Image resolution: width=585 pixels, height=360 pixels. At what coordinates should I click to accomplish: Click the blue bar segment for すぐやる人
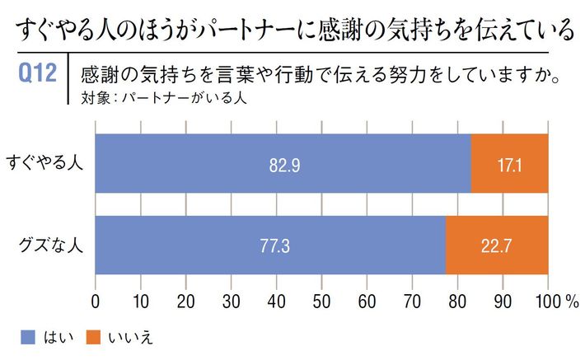(x=283, y=164)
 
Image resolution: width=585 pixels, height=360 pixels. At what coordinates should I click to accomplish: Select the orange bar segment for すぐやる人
(x=509, y=164)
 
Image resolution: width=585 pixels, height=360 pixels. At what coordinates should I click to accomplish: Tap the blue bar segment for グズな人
(x=270, y=245)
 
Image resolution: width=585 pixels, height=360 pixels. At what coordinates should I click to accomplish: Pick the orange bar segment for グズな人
(x=496, y=245)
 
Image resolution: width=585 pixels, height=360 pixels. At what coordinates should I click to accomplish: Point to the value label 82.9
(x=283, y=165)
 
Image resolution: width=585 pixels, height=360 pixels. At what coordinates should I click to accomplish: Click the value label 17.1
(x=509, y=165)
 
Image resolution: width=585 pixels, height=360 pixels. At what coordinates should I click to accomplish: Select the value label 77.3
(x=271, y=245)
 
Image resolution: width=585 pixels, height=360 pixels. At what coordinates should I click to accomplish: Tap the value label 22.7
(x=496, y=245)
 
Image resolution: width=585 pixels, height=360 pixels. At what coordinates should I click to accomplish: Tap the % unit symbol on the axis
(x=570, y=300)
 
